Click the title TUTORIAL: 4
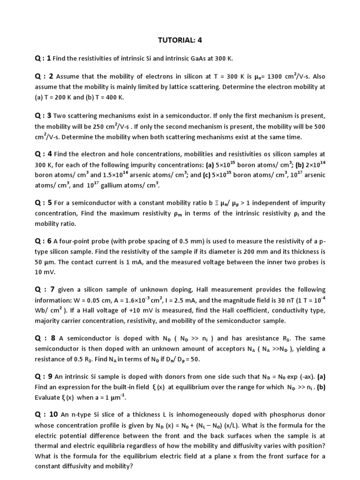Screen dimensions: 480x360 click(180, 40)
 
